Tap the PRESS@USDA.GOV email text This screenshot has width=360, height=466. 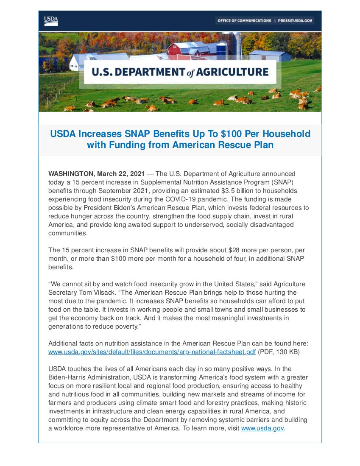296,20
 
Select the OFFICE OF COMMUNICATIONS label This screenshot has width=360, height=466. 244,20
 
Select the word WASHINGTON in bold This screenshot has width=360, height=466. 71,174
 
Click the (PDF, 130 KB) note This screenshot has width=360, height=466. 283,352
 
